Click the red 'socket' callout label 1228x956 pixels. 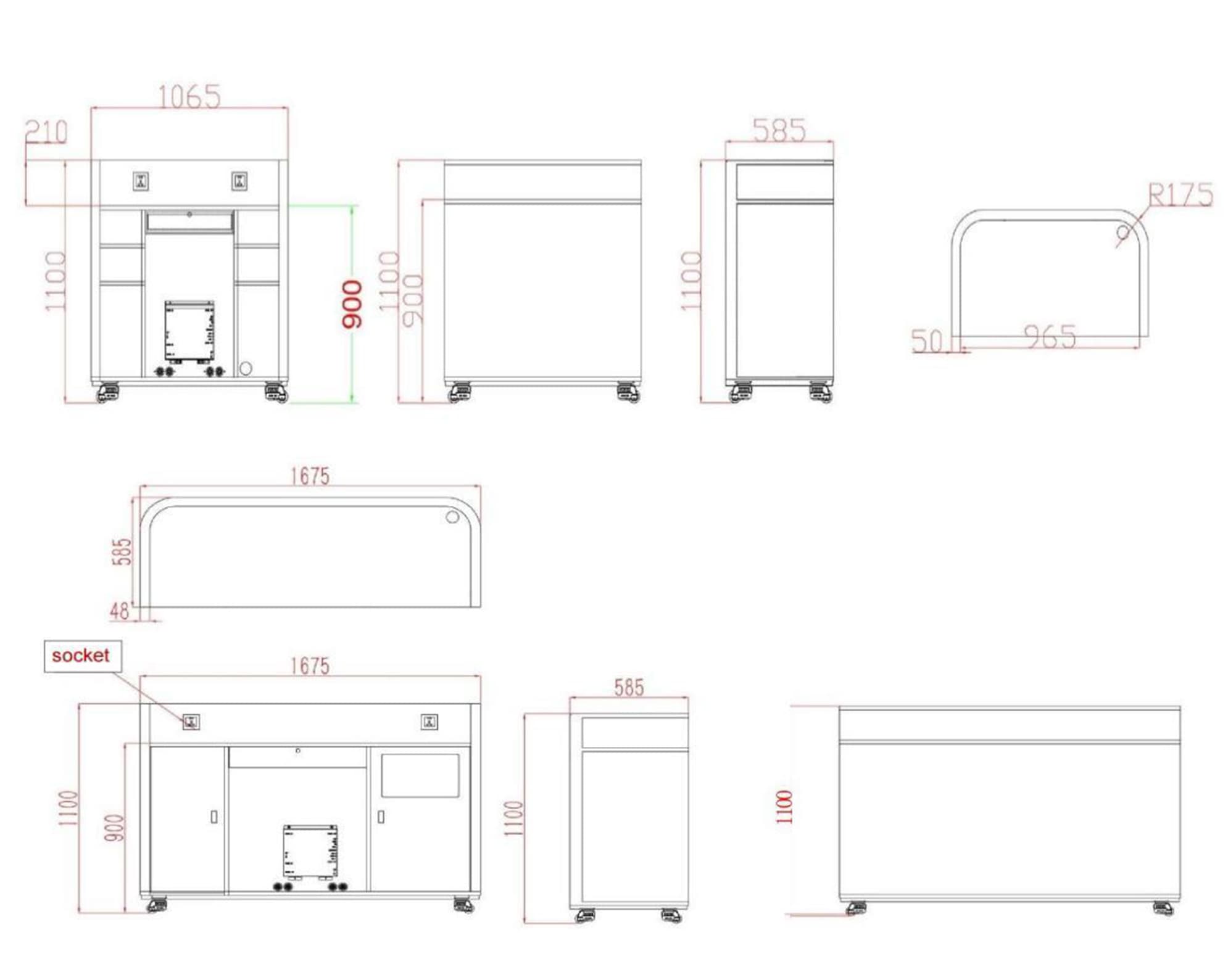80,656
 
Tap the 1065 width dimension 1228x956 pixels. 189,97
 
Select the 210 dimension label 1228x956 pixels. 46,132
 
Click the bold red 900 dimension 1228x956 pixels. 352,304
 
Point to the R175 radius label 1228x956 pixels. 1180,195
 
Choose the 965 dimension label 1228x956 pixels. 1050,337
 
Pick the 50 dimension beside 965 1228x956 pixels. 927,341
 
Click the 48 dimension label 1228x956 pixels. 119,611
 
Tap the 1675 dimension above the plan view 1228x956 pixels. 310,476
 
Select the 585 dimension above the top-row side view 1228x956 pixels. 779,130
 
